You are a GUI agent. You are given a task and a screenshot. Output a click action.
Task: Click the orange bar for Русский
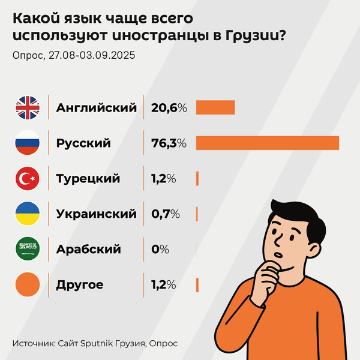(x=268, y=143)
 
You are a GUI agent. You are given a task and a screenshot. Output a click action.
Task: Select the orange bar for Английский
(x=215, y=107)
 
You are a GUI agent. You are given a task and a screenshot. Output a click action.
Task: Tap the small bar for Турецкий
(x=197, y=178)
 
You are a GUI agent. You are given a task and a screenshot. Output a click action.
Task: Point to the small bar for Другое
(x=197, y=284)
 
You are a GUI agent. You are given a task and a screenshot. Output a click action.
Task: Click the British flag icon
(x=27, y=107)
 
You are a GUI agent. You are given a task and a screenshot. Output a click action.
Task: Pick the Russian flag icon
(x=27, y=143)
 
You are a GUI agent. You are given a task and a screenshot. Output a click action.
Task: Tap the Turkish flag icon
(x=27, y=178)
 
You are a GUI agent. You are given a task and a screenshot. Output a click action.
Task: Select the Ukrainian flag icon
(x=27, y=214)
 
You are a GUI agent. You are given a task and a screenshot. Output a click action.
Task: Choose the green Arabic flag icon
(x=27, y=248)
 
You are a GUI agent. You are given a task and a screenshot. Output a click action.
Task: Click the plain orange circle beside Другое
(x=27, y=284)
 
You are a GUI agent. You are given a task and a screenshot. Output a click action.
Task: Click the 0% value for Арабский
(x=160, y=249)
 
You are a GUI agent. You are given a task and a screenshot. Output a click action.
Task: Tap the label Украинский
(x=96, y=214)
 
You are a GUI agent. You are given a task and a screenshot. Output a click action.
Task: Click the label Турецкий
(x=88, y=178)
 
